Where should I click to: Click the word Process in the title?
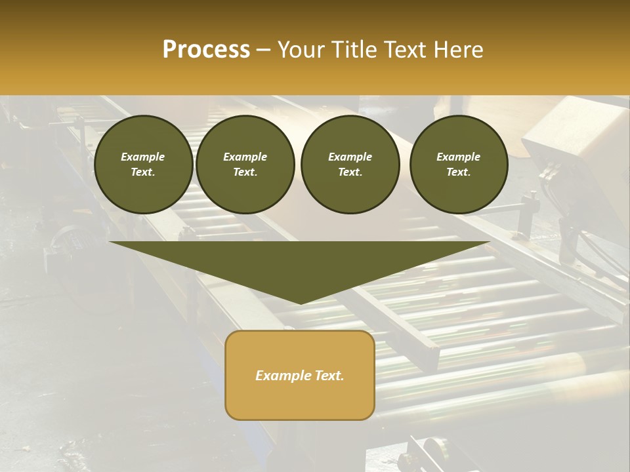coord(206,50)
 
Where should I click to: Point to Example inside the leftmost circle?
coord(143,157)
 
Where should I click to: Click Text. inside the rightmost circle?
coord(458,172)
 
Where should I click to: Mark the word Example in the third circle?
coord(350,157)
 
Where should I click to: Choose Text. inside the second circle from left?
coord(245,172)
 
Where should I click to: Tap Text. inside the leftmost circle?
coord(143,172)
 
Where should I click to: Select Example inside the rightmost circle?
coord(458,157)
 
